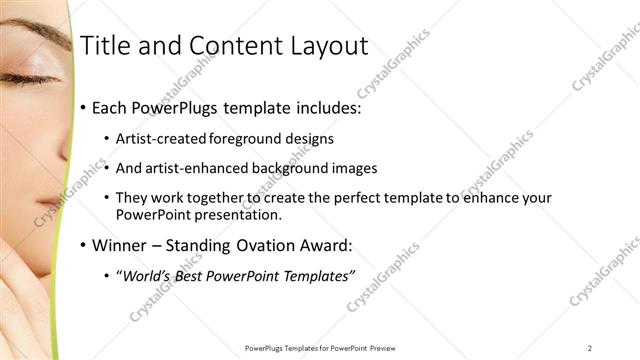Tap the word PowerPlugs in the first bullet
(181, 106)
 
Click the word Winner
(121, 244)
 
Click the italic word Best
(193, 276)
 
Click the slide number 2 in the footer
(590, 347)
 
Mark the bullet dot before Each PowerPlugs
(82, 107)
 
